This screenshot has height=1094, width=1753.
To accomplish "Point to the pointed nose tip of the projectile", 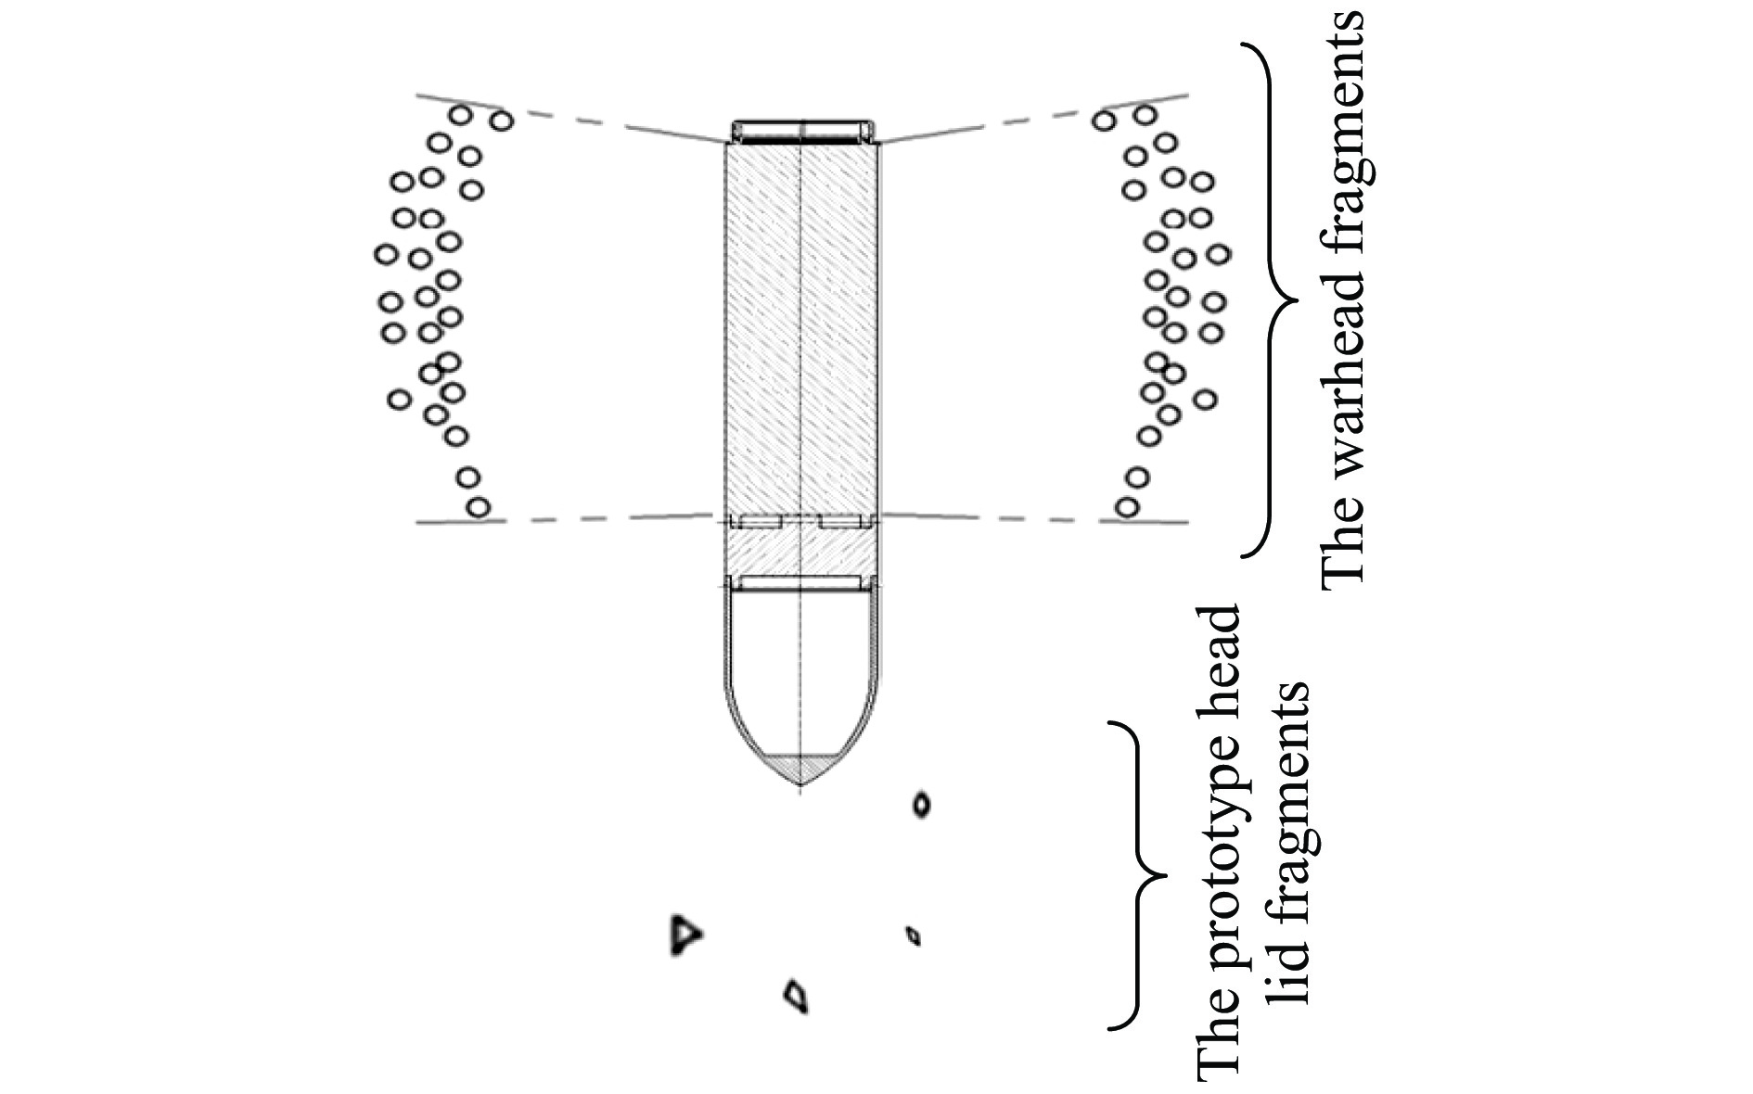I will point(800,784).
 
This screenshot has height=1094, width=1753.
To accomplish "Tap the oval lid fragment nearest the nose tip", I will point(921,804).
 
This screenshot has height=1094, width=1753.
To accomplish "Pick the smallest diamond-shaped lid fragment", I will point(914,935).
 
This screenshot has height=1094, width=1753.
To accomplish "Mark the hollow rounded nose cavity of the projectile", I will point(800,668).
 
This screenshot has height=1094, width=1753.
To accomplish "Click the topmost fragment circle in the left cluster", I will point(461,115).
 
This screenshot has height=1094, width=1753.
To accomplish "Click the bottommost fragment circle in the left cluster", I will point(478,507).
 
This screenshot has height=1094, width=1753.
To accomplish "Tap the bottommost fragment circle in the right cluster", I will point(1127,507).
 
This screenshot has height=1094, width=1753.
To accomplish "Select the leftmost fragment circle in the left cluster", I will point(386,253).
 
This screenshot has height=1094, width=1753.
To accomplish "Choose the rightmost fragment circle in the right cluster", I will point(1219,253).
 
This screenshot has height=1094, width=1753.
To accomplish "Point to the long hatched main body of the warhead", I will point(800,324).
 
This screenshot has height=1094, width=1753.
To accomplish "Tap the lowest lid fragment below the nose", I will point(795,995).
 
